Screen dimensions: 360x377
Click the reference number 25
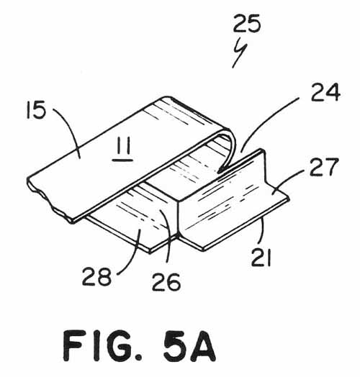(247, 23)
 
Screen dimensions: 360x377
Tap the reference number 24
(325, 92)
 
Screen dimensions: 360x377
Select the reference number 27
(324, 167)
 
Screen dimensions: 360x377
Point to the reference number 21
(261, 258)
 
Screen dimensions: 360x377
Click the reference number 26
(166, 282)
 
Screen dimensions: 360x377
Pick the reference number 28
(96, 276)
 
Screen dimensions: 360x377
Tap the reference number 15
(36, 110)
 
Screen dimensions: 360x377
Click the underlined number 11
(122, 149)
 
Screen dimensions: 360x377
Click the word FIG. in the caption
(103, 345)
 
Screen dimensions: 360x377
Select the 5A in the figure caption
(189, 345)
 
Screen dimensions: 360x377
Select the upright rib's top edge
(221, 174)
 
